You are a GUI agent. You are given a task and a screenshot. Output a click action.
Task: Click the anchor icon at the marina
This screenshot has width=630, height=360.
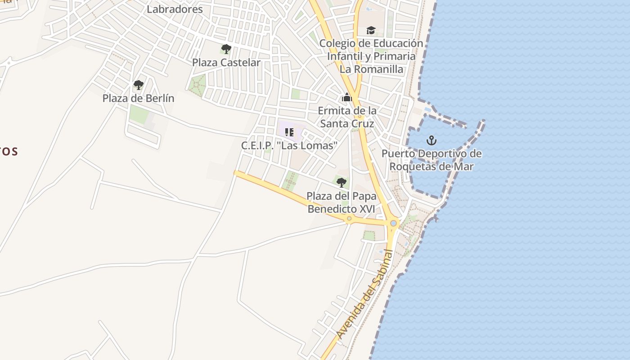tap(432, 140)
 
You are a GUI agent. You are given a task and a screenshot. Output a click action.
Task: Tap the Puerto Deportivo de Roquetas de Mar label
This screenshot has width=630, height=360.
tap(432, 160)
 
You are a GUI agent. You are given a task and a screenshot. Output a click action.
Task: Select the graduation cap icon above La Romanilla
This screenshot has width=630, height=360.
tap(371, 30)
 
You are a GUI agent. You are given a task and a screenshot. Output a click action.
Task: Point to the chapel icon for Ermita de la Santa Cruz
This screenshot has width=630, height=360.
tap(346, 97)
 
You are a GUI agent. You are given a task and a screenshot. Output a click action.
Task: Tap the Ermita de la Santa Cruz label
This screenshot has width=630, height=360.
tap(347, 117)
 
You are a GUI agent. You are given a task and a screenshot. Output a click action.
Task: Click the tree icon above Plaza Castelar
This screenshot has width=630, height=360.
tap(226, 49)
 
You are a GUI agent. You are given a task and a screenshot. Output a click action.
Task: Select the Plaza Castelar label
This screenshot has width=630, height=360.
tap(226, 63)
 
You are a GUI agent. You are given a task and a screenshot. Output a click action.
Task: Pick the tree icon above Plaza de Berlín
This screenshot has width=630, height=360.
tap(139, 85)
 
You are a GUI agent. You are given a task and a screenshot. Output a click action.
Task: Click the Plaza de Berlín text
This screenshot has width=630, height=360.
tap(138, 98)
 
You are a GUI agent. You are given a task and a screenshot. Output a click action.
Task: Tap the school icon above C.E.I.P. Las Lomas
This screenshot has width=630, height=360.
tap(289, 132)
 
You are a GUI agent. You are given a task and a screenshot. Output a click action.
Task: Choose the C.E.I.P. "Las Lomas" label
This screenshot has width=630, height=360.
tap(289, 146)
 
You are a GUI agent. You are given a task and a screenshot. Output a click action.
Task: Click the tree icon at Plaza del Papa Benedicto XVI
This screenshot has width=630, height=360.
tap(342, 182)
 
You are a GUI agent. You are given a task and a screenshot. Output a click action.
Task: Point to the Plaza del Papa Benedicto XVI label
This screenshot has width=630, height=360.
tap(342, 202)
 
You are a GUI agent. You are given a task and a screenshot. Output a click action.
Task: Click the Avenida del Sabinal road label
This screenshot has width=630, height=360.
tap(364, 295)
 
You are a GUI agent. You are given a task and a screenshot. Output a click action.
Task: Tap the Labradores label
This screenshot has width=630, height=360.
tap(175, 9)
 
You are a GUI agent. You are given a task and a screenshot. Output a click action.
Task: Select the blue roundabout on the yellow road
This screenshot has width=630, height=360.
tap(394, 223)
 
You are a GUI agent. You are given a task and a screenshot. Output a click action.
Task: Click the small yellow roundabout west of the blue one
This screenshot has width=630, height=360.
tap(349, 219)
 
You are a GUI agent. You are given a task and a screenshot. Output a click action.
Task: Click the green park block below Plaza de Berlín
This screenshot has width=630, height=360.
tap(139, 115)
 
